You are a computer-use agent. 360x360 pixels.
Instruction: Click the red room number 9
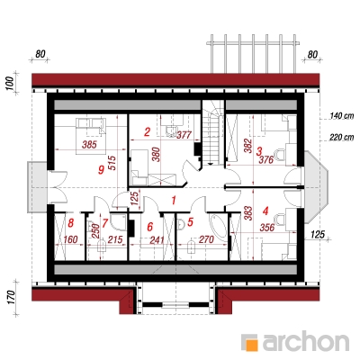102,170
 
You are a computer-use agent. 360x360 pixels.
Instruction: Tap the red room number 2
147,132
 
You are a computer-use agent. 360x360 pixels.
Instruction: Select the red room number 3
258,150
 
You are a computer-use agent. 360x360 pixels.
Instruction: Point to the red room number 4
265,211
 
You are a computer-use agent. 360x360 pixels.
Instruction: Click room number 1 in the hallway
174,200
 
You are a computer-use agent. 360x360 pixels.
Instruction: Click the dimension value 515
112,163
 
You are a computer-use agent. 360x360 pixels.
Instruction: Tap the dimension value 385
89,145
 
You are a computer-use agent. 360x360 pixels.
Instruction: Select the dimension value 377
184,135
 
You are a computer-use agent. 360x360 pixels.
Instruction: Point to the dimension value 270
206,239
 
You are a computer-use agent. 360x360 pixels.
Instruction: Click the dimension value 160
71,239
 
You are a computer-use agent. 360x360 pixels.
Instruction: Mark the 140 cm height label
342,115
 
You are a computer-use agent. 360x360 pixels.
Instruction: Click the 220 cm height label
342,138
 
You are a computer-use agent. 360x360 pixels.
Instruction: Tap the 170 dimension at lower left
11,297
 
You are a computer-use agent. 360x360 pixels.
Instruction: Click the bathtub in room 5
219,227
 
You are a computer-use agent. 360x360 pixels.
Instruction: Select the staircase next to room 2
213,132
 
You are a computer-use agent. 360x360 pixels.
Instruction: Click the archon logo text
306,340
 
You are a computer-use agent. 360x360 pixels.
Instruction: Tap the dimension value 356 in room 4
267,228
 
